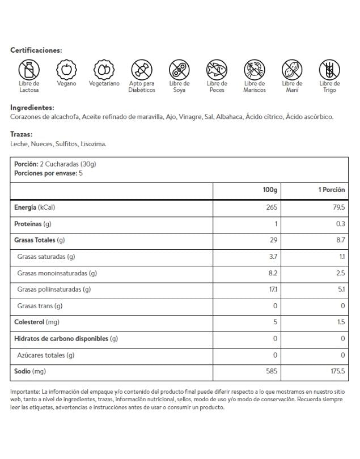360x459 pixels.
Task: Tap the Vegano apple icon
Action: [x=66, y=70]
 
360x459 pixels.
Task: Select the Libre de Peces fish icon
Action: [x=217, y=70]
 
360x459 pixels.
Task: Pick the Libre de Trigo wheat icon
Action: [x=329, y=70]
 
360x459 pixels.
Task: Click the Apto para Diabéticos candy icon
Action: [x=142, y=70]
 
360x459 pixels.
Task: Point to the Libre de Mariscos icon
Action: [x=254, y=70]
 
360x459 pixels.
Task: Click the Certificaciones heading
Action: [x=36, y=50]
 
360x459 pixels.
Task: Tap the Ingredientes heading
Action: [x=32, y=108]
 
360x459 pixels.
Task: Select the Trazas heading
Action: [x=22, y=135]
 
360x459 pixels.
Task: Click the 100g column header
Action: [x=270, y=190]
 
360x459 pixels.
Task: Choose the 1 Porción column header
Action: [x=331, y=190]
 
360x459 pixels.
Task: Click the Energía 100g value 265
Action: [x=271, y=207]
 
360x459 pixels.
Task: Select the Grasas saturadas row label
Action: [x=46, y=257]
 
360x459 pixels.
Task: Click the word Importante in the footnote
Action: [x=25, y=392]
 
